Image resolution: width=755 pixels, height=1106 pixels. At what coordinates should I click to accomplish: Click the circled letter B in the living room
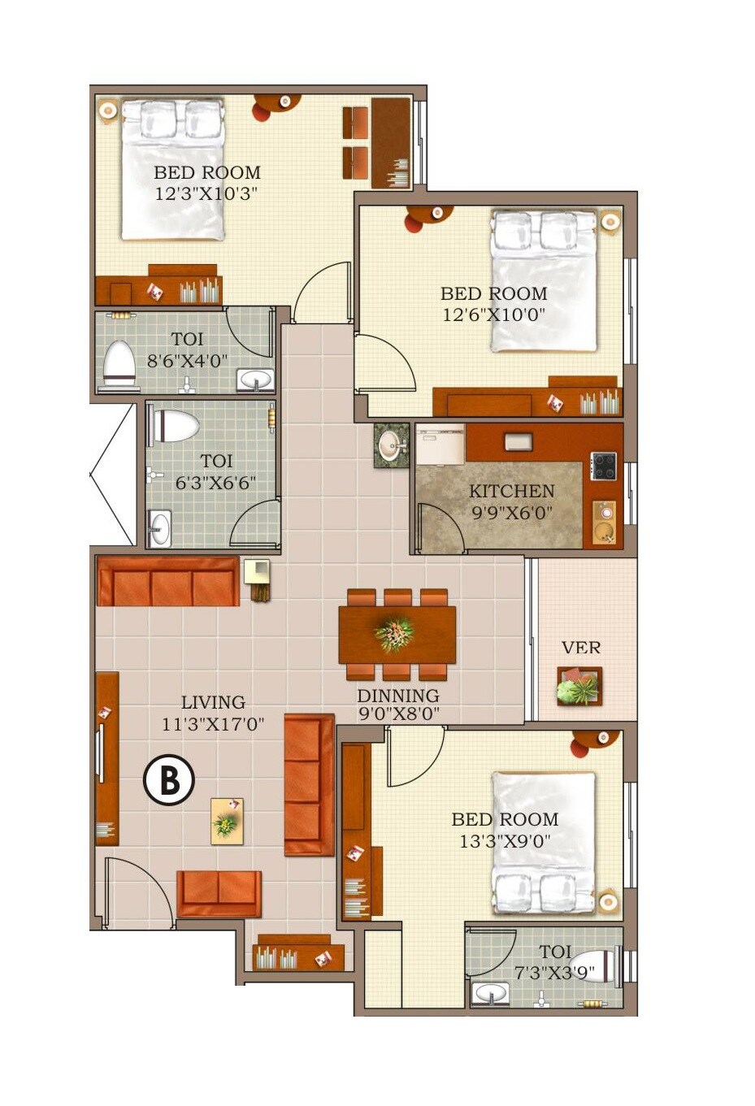(x=169, y=781)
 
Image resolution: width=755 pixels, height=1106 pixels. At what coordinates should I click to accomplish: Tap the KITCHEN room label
(x=511, y=492)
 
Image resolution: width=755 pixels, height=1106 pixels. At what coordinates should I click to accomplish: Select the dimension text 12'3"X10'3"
(x=207, y=194)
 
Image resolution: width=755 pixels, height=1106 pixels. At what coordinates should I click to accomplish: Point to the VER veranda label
(x=581, y=648)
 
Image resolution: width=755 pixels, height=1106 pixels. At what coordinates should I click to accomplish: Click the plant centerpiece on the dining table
(x=395, y=633)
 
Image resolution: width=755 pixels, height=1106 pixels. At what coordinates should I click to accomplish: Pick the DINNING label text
(x=398, y=696)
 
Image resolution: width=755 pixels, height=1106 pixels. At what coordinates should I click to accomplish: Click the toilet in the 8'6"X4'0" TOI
(x=119, y=362)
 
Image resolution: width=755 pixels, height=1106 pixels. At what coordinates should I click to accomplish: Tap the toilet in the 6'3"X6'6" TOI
(x=176, y=425)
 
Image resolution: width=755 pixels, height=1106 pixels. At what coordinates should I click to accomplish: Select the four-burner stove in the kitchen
(x=603, y=466)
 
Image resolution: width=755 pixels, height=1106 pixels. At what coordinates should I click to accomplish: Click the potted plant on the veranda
(x=579, y=687)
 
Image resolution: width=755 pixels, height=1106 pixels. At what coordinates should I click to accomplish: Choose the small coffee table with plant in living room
(x=227, y=822)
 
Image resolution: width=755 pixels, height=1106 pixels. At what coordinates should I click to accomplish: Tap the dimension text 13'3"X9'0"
(x=505, y=841)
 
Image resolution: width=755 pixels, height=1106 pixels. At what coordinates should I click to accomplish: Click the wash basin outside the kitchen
(x=391, y=445)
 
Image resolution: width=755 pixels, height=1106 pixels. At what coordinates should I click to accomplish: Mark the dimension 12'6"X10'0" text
(x=493, y=314)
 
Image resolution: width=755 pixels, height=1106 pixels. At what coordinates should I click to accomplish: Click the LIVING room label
(x=213, y=702)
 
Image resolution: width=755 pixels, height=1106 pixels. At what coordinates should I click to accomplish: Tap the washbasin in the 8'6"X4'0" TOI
(x=255, y=380)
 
